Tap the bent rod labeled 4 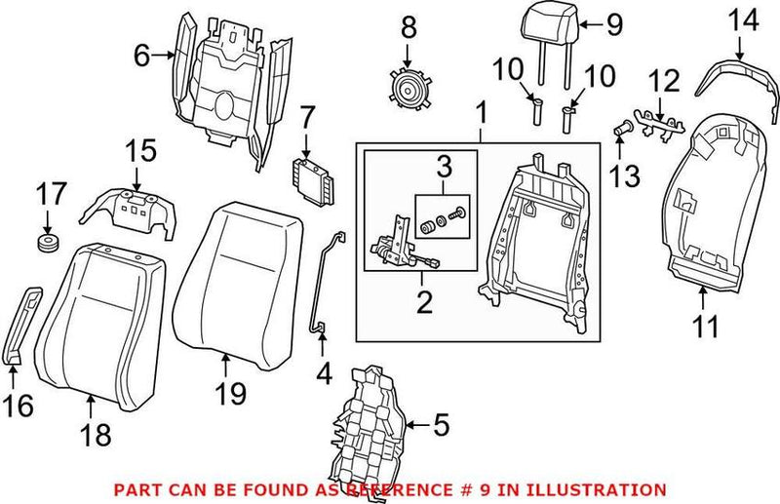[325, 283]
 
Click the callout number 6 [142, 57]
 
